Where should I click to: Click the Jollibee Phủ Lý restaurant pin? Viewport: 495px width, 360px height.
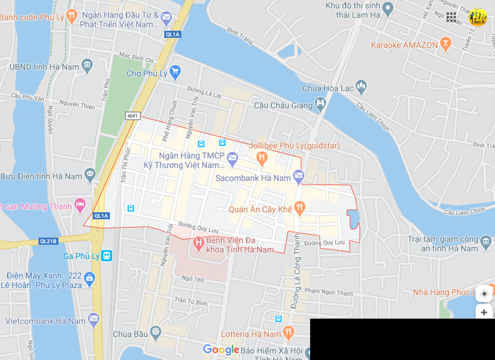click(262, 158)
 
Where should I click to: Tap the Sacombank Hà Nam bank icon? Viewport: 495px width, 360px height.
click(298, 177)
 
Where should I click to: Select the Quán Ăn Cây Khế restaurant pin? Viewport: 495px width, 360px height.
click(299, 208)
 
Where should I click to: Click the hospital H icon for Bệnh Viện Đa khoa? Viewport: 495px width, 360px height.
click(198, 243)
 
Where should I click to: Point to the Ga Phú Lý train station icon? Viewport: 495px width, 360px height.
click(107, 255)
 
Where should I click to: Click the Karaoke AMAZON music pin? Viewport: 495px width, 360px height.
click(446, 44)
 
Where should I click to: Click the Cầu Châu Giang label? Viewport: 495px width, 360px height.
click(284, 105)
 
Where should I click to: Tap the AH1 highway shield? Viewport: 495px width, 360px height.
click(133, 116)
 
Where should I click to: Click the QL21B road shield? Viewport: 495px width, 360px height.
click(48, 241)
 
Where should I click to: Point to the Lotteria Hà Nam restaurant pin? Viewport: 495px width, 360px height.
click(288, 333)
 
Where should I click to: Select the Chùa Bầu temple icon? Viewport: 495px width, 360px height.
click(156, 333)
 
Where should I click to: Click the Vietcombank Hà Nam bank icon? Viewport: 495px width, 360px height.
click(94, 320)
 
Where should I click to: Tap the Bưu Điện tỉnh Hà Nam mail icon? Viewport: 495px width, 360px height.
click(90, 175)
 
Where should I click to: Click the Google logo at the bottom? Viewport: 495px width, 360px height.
click(221, 350)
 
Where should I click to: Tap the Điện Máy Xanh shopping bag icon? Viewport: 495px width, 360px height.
click(90, 279)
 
